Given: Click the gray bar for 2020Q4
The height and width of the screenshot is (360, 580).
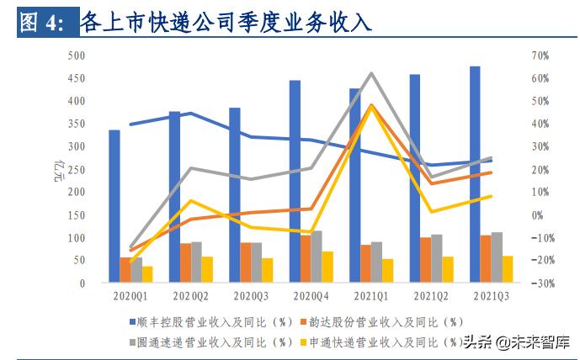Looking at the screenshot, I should click(x=317, y=257).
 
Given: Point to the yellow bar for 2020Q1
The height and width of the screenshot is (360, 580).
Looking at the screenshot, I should click(x=147, y=274).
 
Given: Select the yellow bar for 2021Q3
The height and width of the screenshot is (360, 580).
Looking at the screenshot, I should click(x=508, y=269).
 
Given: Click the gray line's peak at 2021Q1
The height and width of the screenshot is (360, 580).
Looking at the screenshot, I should click(x=371, y=74).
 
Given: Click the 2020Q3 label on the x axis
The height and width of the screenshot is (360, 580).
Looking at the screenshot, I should click(x=250, y=296).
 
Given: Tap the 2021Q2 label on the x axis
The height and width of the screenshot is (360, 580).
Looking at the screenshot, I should click(x=431, y=296).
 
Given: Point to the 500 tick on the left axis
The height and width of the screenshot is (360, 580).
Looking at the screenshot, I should click(x=77, y=56).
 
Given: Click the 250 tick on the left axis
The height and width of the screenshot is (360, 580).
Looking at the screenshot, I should click(x=77, y=169).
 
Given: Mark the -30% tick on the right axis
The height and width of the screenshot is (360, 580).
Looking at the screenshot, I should click(x=539, y=283).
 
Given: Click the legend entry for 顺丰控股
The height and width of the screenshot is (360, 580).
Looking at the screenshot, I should click(x=210, y=321).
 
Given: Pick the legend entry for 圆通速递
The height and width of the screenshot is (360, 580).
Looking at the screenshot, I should click(x=210, y=341).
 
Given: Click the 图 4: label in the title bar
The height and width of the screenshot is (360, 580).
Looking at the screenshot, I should click(x=41, y=23).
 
